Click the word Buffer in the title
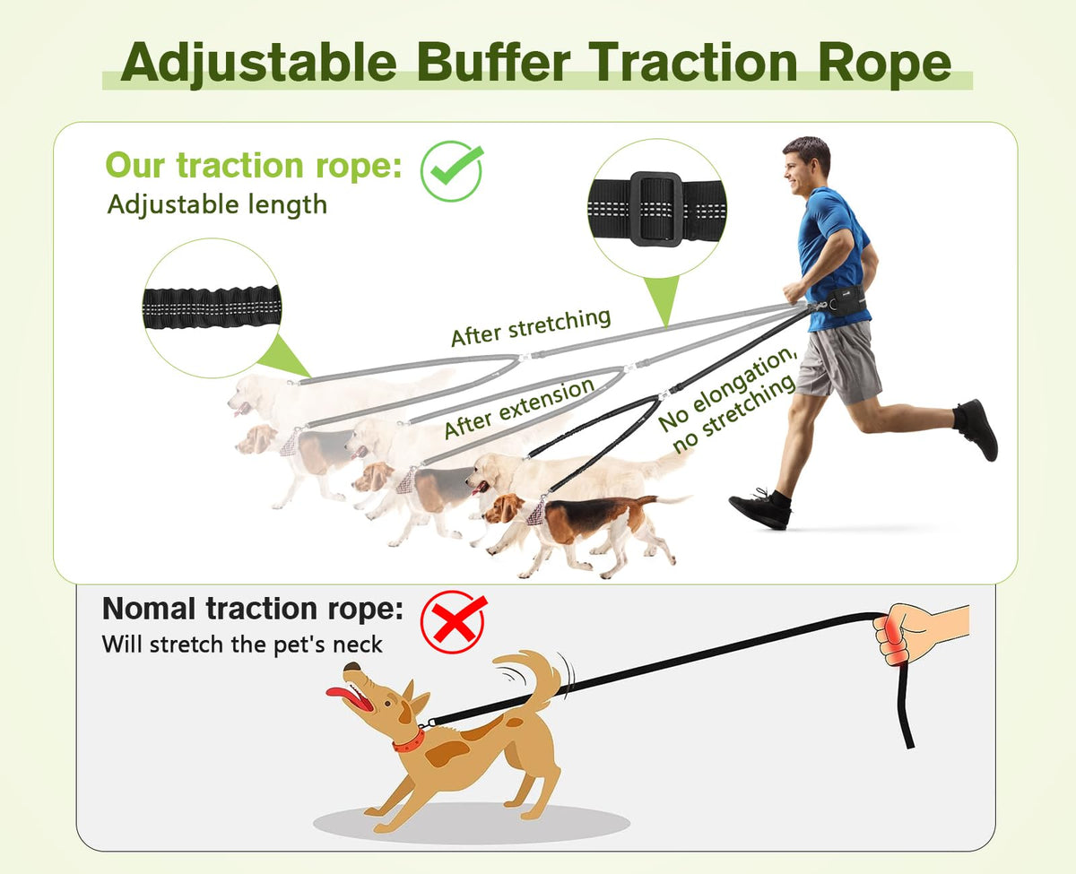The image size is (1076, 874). pos(493,62)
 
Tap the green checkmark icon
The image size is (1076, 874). pos(452,170)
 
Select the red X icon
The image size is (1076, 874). pos(454,622)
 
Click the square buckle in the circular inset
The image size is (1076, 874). pos(656,209)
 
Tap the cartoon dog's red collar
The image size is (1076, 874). pos(409,741)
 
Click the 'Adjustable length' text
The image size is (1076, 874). pos(217,205)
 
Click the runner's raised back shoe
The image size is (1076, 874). pos(977,428)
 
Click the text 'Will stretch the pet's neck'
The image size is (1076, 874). pos(242,645)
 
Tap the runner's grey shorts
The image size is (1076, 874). pos(838,361)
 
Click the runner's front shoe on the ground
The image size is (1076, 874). pos(760,509)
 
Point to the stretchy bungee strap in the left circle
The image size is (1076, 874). pos(213,307)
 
